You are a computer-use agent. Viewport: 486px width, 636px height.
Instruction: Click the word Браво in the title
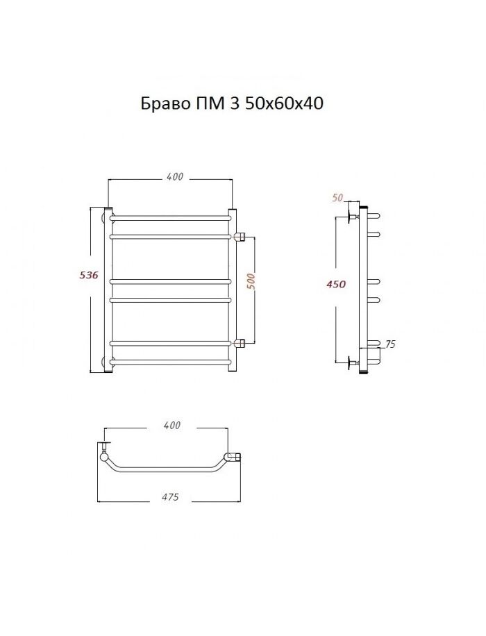165,104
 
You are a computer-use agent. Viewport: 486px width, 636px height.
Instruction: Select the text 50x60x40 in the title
284,104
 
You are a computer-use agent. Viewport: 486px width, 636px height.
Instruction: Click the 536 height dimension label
88,276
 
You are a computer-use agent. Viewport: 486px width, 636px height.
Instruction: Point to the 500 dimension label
251,281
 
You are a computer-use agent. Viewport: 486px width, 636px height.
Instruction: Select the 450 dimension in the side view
336,285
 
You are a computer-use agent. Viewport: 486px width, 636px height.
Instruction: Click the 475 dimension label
170,497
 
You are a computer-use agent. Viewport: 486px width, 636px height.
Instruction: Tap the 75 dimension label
390,344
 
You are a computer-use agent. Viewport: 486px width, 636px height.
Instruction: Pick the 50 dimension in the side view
337,197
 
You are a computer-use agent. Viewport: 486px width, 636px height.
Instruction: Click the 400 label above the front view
175,176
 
